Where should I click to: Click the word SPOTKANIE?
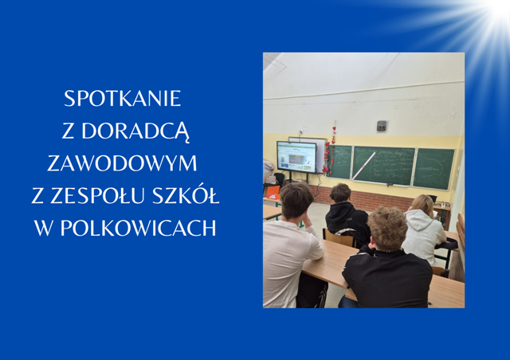(123, 99)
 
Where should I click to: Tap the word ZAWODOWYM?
(122, 163)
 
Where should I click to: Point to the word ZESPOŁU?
(91, 195)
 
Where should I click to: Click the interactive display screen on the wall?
(296, 157)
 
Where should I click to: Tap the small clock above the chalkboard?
(381, 126)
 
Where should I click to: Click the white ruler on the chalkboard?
(364, 165)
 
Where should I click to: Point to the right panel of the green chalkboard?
(433, 169)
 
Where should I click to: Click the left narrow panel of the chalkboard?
(340, 162)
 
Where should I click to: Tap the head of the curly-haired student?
(387, 229)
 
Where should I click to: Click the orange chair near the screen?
(272, 193)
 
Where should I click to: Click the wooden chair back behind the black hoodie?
(339, 238)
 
